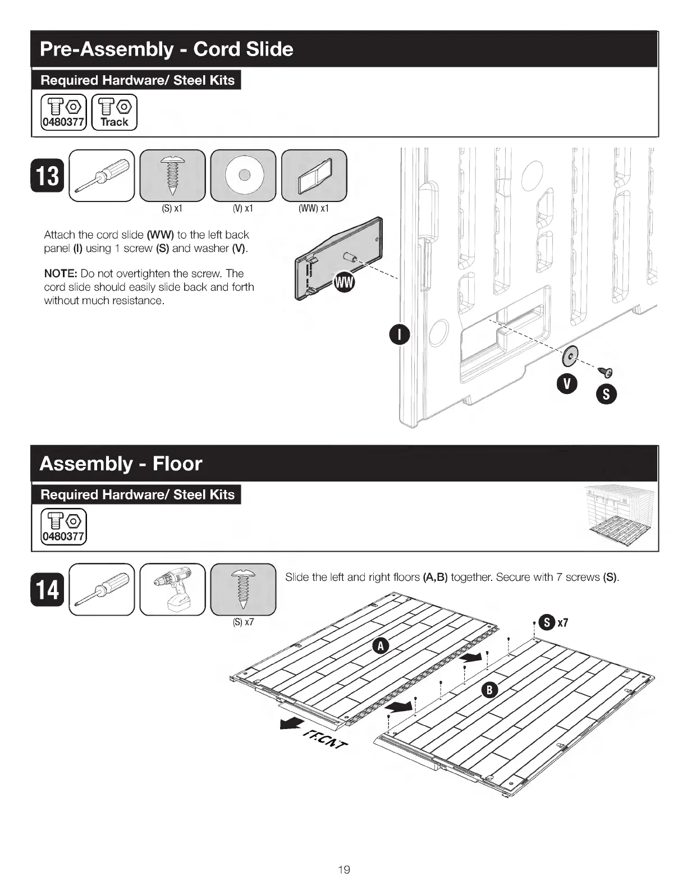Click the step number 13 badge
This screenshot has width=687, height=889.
click(x=48, y=176)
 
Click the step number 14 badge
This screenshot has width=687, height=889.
click(x=48, y=589)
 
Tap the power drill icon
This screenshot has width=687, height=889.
click(x=172, y=589)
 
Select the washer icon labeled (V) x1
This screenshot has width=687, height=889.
click(x=243, y=175)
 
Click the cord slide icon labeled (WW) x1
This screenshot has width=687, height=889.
click(x=314, y=175)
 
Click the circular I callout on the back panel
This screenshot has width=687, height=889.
click(x=399, y=336)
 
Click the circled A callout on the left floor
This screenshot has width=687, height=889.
click(x=381, y=647)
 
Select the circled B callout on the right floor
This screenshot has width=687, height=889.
click(x=489, y=690)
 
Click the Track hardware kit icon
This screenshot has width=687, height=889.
click(x=114, y=113)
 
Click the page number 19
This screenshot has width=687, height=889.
click(x=343, y=870)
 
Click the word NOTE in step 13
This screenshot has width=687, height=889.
click(x=60, y=274)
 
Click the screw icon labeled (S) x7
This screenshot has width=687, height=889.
click(x=243, y=589)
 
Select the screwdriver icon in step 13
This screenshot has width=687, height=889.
click(x=102, y=175)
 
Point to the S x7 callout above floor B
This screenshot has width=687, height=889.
click(x=553, y=622)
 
